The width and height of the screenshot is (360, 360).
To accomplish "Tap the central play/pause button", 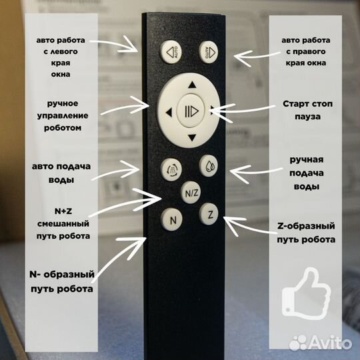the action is [191, 111].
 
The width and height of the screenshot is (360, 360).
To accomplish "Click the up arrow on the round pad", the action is [192, 85].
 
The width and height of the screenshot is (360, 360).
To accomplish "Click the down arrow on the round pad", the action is [192, 138].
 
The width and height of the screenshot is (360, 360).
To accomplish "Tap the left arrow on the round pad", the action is [169, 113].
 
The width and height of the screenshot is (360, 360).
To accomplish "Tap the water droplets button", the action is [208, 165].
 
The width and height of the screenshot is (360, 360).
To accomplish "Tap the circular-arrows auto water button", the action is [171, 169].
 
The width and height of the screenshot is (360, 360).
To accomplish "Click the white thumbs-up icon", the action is [306, 293].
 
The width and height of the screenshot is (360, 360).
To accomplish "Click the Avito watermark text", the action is [330, 343].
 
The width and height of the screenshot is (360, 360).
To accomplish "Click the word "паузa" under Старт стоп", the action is [307, 117].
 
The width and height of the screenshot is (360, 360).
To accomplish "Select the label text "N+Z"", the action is [63, 211].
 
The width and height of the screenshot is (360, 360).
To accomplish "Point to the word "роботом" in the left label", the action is [63, 127].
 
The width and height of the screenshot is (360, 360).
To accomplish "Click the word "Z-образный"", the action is [306, 226].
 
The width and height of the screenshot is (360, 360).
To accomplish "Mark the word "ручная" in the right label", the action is [307, 159].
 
